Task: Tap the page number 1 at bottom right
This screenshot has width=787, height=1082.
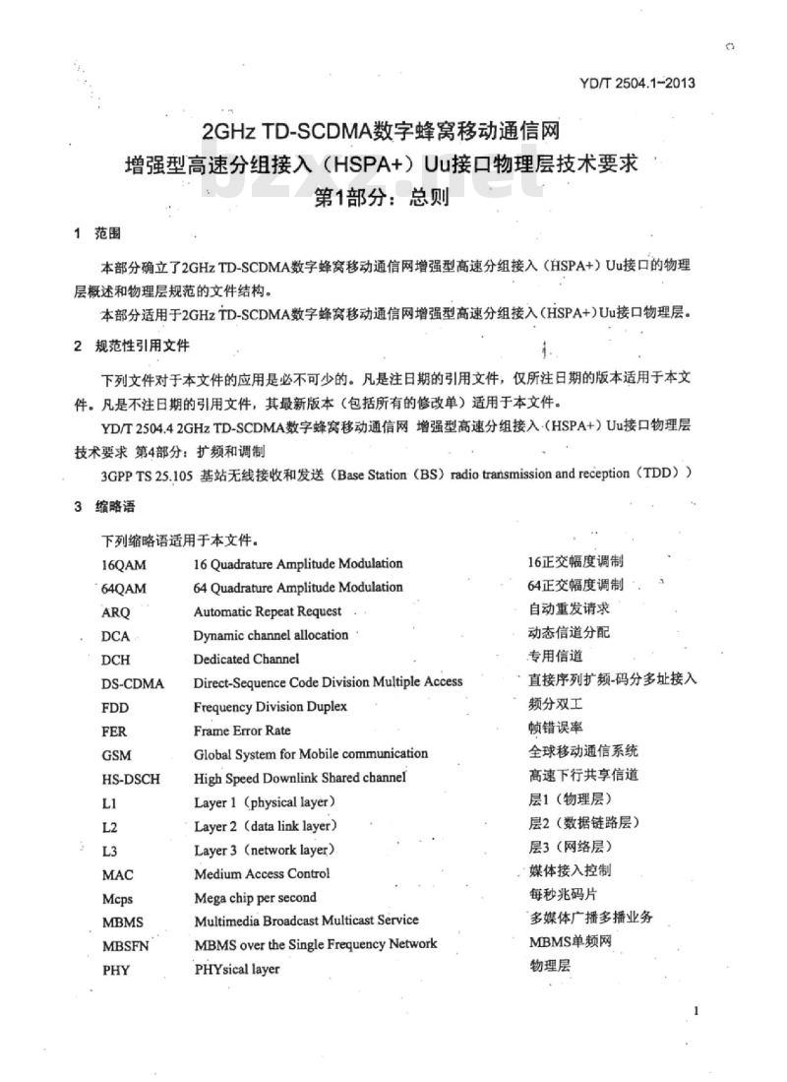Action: pos(696,1011)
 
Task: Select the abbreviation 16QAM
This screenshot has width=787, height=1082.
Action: pos(123,565)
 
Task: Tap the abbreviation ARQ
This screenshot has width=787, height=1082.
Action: pos(115,611)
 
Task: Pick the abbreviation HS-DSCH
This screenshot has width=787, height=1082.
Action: pos(130,779)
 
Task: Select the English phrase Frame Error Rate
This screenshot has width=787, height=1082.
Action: pos(242,731)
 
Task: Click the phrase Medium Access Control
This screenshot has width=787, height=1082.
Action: pos(262,873)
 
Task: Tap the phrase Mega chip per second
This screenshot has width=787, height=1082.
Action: pos(255,897)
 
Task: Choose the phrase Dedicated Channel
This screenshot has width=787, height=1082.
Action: pos(246,659)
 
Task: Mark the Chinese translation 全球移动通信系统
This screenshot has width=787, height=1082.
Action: pos(582,750)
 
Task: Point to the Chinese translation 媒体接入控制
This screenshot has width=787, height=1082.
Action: pos(570,869)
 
